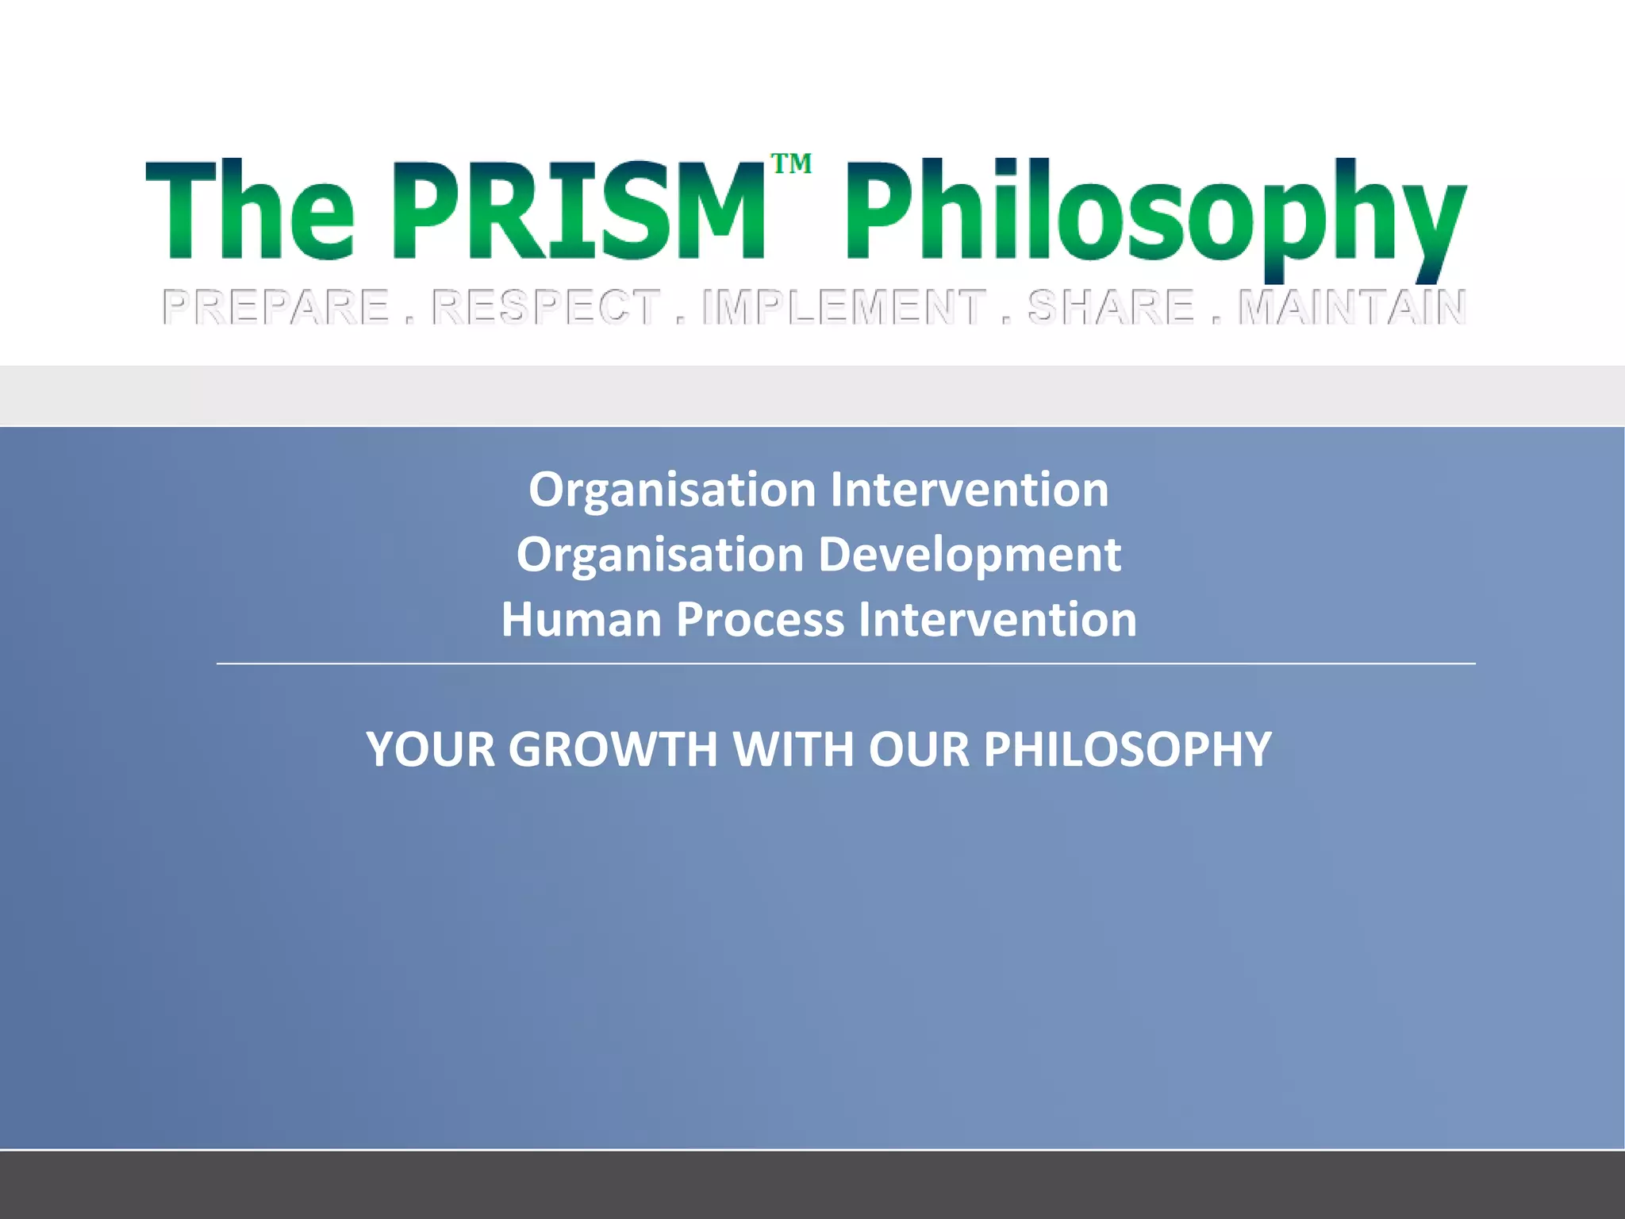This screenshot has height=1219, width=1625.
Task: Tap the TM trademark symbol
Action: click(791, 164)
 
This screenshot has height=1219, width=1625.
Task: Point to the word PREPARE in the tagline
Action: click(276, 307)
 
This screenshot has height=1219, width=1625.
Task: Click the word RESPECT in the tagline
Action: click(547, 307)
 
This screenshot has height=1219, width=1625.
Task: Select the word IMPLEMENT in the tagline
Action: click(843, 307)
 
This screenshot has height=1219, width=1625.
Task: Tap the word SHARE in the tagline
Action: click(1111, 307)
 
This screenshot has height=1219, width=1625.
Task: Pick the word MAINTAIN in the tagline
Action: click(1352, 307)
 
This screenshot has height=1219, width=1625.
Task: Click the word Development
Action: click(970, 555)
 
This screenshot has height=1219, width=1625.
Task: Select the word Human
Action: click(581, 620)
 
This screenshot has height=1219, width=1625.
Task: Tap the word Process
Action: click(760, 620)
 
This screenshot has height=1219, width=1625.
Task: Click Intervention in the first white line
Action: click(969, 490)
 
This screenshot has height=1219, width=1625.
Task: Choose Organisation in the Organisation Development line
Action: click(660, 555)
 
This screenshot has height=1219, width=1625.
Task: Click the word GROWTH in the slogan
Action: click(613, 749)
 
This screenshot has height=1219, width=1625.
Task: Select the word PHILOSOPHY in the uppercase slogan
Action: click(1128, 749)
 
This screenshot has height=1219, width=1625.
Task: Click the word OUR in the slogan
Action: click(919, 749)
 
